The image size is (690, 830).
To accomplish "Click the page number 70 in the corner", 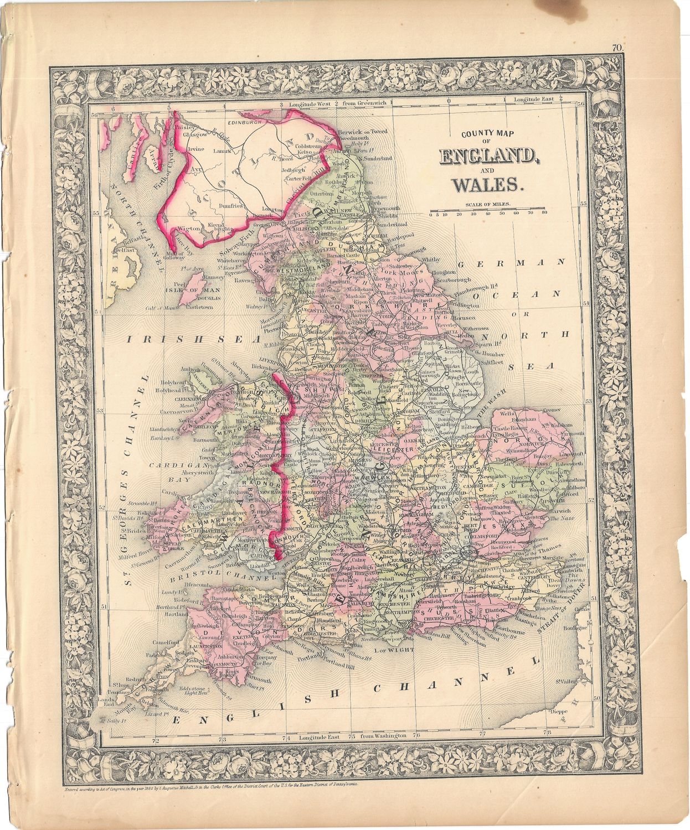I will (x=618, y=48).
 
